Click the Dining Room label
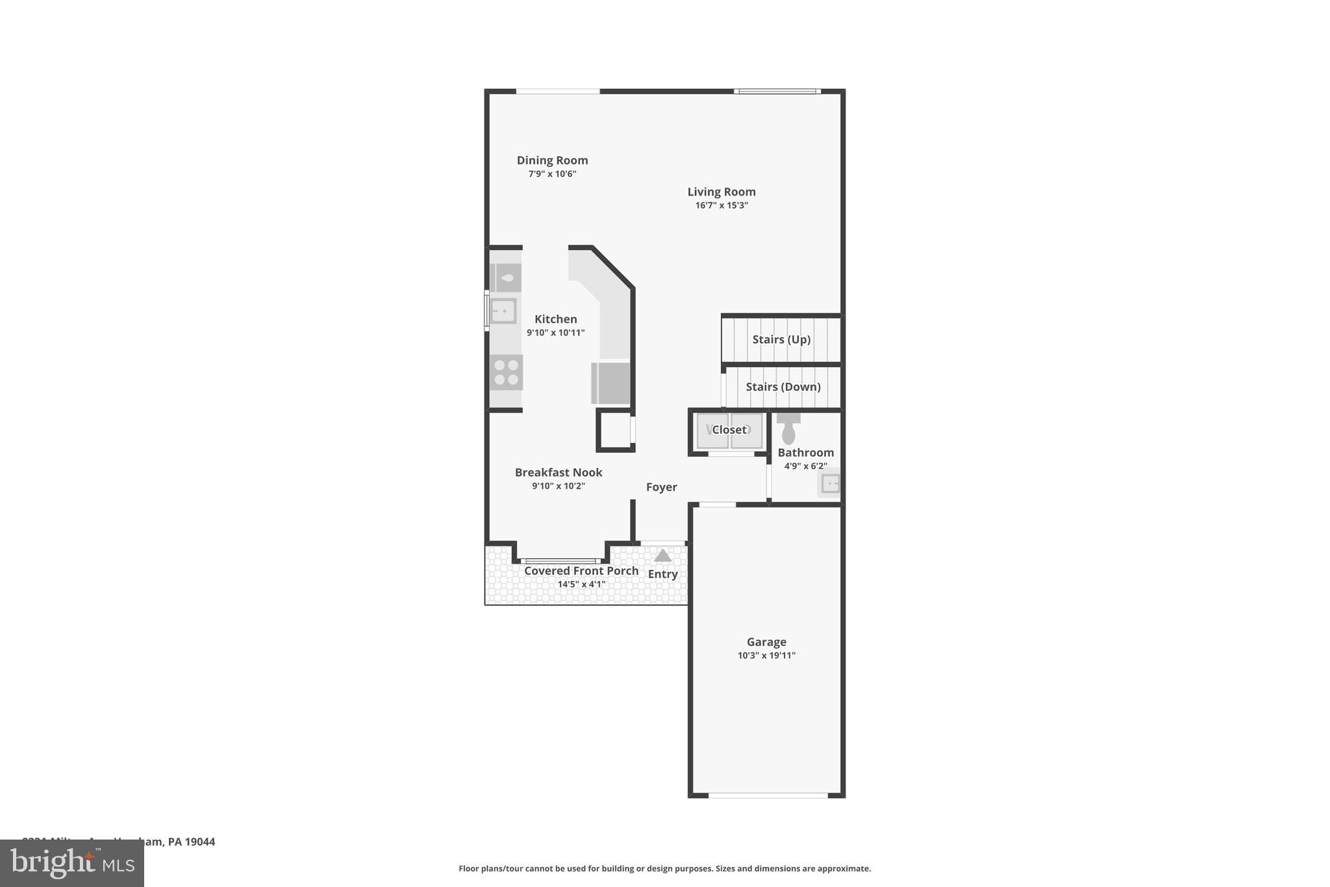click(552, 161)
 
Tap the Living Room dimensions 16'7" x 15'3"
click(721, 205)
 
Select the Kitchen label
click(555, 319)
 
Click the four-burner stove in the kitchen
click(506, 373)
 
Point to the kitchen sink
click(503, 311)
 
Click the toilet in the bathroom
click(788, 430)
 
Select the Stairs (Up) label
click(781, 339)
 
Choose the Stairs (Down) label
click(783, 387)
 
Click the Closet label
click(729, 430)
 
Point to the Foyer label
click(661, 487)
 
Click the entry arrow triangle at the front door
click(662, 556)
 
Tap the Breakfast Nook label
click(558, 472)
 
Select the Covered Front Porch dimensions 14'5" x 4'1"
click(581, 584)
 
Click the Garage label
click(766, 642)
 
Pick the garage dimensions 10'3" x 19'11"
click(766, 656)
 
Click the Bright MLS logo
click(72, 863)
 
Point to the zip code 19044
click(200, 842)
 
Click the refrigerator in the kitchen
click(610, 383)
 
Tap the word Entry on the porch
click(662, 574)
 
